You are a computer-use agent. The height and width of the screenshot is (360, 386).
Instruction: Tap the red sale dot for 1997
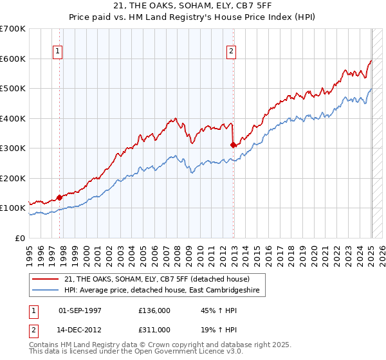(60, 197)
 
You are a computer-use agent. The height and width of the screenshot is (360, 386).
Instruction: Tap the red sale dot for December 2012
(233, 145)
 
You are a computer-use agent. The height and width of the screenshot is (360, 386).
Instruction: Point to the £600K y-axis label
(13, 59)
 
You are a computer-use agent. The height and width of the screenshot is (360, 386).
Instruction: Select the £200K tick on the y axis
(13, 178)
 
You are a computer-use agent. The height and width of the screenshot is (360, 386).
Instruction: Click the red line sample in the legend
(46, 278)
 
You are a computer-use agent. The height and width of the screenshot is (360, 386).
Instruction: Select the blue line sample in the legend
(46, 291)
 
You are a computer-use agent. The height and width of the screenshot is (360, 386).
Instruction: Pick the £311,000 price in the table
(154, 329)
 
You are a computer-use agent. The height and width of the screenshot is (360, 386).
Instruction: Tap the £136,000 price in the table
(154, 310)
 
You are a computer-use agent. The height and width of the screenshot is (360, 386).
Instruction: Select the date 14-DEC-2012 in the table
(80, 329)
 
